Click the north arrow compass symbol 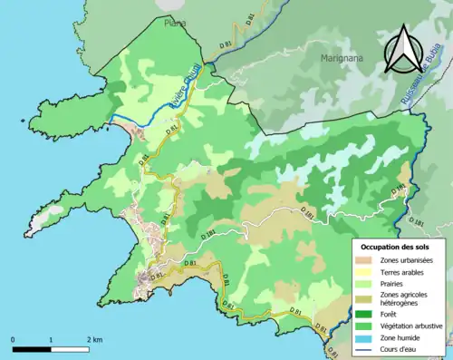[405, 50]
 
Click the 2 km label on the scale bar [93, 339]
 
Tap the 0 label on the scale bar [13, 339]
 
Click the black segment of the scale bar [31, 348]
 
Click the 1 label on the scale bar [51, 339]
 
